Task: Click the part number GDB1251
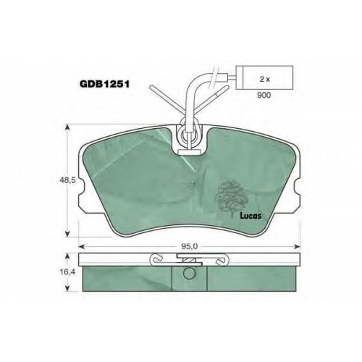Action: point(104,85)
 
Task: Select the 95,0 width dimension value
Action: point(189,246)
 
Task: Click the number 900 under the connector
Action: point(264,95)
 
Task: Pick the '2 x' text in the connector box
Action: point(264,80)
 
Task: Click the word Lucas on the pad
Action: point(251,216)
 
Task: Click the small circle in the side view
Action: point(189,273)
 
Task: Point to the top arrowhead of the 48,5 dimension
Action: point(68,127)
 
